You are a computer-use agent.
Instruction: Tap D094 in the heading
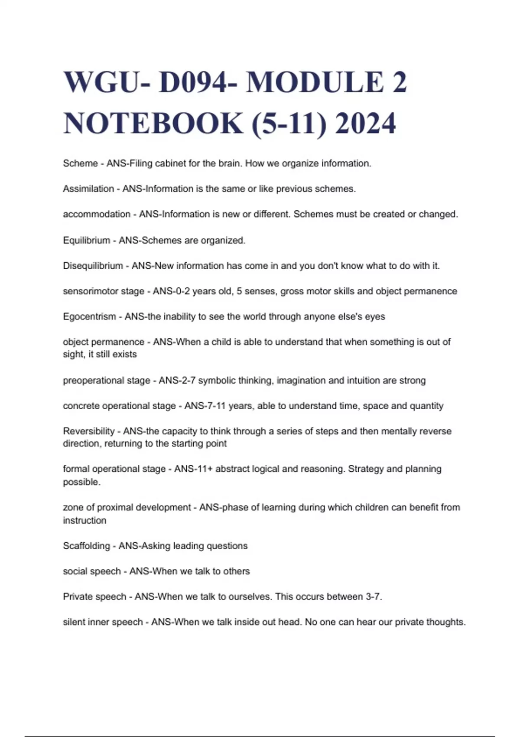click(193, 82)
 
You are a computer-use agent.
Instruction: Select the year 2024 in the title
click(365, 123)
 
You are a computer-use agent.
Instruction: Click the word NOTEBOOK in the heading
click(153, 123)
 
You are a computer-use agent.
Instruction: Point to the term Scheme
click(80, 163)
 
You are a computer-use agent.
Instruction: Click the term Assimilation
click(88, 189)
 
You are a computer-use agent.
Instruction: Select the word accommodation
click(96, 214)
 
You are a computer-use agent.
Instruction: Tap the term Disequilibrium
click(93, 266)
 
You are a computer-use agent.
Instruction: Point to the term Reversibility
click(89, 431)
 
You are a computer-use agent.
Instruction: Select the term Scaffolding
click(86, 546)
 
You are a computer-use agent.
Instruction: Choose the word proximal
click(114, 507)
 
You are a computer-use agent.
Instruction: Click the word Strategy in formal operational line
click(366, 469)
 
